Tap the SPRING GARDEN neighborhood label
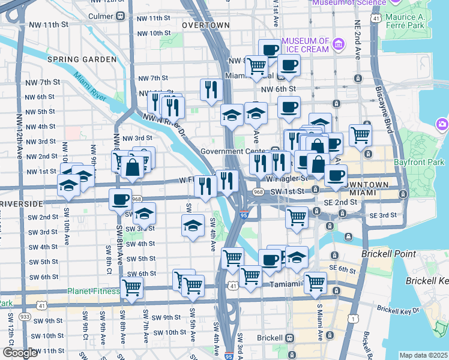82,59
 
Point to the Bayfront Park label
419,163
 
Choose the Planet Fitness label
93,292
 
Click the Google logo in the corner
20,353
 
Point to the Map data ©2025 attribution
423,355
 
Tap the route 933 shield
25,316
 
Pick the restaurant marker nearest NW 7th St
211,89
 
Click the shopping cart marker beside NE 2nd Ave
360,135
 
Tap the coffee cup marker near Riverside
120,199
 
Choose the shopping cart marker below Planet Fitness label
131,287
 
